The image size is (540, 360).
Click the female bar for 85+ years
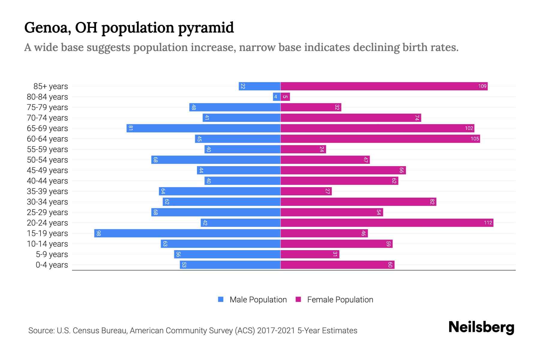pyautogui.click(x=384, y=86)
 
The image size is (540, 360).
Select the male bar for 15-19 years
pyautogui.click(x=187, y=233)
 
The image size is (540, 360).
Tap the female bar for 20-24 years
pyautogui.click(x=387, y=223)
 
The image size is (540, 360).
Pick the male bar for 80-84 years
pyautogui.click(x=277, y=97)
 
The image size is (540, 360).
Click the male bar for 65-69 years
pyautogui.click(x=203, y=128)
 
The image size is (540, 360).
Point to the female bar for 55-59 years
pyautogui.click(x=303, y=149)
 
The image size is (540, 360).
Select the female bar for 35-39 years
pyautogui.click(x=306, y=191)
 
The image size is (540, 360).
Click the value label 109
pyautogui.click(x=482, y=86)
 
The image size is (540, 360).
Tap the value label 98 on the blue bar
pyautogui.click(x=98, y=233)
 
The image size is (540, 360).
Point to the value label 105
pyautogui.click(x=475, y=139)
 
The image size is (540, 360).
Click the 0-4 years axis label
pyautogui.click(x=52, y=265)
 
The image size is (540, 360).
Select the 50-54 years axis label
pyautogui.click(x=47, y=160)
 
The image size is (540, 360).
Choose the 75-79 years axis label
pyautogui.click(x=47, y=107)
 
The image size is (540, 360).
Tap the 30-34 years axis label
pyautogui.click(x=47, y=202)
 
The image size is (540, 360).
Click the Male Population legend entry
pyautogui.click(x=258, y=300)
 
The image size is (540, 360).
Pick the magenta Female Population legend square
pyautogui.click(x=298, y=299)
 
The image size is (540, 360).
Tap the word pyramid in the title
pyautogui.click(x=206, y=28)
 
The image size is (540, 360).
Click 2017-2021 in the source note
pyautogui.click(x=276, y=331)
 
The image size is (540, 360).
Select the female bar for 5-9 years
pyautogui.click(x=310, y=254)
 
